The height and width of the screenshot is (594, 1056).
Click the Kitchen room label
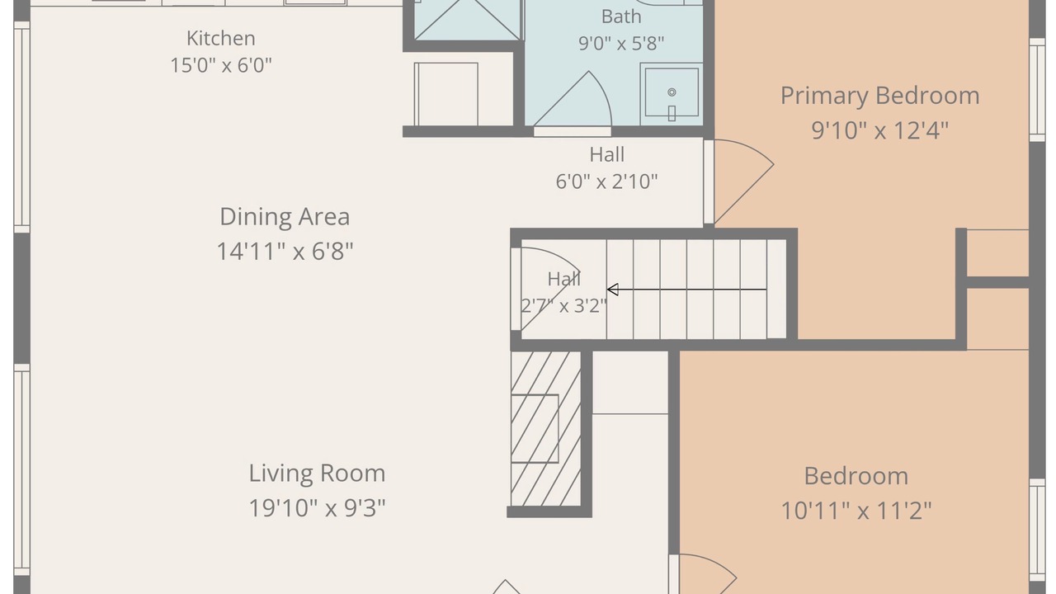220,38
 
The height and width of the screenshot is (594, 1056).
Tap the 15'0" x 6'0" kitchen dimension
220,65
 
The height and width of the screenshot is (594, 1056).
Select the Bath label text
621,16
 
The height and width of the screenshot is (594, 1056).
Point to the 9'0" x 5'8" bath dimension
621,44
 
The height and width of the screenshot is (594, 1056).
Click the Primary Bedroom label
879,97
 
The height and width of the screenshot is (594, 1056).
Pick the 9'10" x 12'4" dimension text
879,130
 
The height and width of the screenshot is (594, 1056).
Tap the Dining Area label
285,217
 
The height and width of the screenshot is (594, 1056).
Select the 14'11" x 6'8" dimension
285,251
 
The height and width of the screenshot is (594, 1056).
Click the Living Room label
317,474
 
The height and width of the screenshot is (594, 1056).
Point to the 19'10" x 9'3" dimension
317,508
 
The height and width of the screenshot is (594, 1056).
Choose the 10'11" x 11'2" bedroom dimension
856,511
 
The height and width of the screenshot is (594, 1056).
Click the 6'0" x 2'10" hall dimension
606,181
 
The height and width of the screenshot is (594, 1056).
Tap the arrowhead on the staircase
612,290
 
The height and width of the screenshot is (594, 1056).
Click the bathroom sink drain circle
672,92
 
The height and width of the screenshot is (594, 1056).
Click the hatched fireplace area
546,428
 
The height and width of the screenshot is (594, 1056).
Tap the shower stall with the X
468,20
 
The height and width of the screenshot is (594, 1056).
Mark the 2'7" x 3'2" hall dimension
563,306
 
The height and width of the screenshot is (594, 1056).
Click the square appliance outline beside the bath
446,94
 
